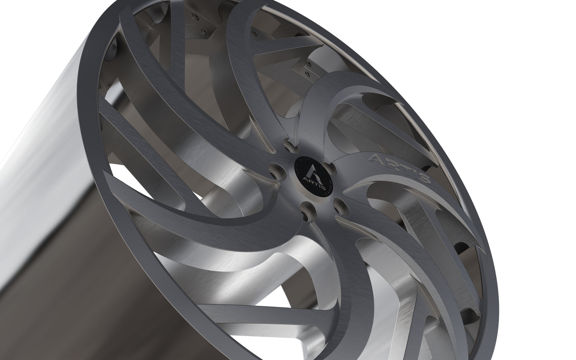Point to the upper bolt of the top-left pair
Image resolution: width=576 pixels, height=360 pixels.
click(x=196, y=17)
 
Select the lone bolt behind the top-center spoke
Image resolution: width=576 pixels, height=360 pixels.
click(x=255, y=33)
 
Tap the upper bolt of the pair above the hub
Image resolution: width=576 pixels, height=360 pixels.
click(x=309, y=64)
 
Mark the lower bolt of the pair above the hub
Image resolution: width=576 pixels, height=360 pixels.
click(x=308, y=74)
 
